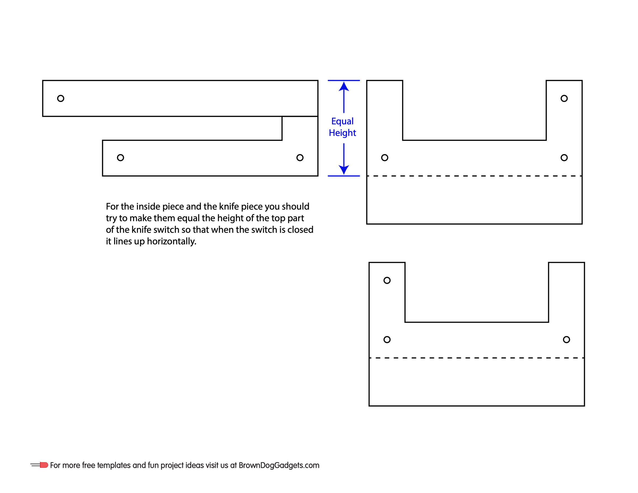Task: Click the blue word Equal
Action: pos(342,121)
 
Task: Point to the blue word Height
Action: pos(342,133)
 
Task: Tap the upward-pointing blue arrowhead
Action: pos(344,86)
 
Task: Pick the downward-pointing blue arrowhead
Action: pos(344,170)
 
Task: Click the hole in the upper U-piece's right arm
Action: pos(564,98)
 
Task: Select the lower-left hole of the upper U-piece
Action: pos(385,158)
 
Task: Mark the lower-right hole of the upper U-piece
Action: pos(564,158)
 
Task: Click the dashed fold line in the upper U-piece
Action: pos(475,176)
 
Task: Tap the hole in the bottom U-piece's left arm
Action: pos(387,280)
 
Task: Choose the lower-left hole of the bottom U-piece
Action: pos(387,339)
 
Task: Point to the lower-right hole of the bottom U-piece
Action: pos(566,339)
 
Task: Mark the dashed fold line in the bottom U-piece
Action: pos(477,358)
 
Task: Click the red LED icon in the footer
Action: pos(44,465)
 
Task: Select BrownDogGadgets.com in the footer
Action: pos(279,466)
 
